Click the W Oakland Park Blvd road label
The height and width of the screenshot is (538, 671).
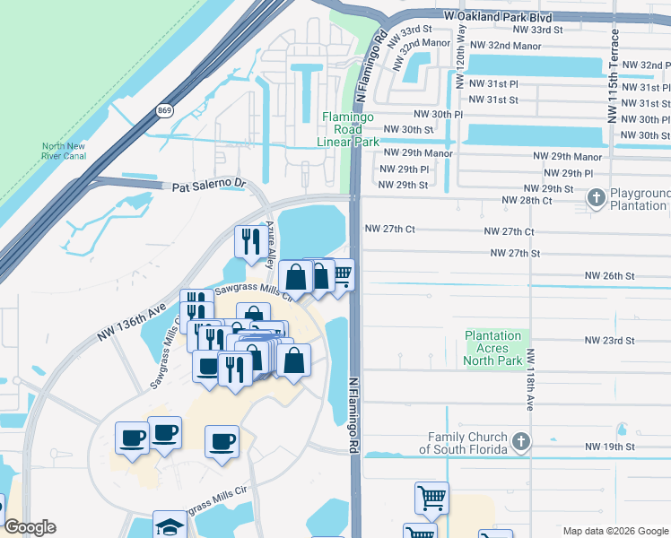click(509, 16)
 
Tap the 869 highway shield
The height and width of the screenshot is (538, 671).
click(164, 110)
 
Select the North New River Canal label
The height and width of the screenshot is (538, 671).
click(64, 152)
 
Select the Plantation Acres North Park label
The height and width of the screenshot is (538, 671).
click(493, 348)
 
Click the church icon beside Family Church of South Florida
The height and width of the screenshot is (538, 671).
click(520, 440)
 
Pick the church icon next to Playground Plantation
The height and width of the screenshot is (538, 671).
click(596, 196)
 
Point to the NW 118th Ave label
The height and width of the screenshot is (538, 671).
click(529, 381)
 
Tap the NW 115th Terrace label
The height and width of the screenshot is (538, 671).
click(614, 76)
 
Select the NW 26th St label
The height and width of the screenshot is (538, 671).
click(609, 275)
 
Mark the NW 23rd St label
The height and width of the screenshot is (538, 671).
click(609, 341)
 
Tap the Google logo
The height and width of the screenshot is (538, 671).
click(30, 526)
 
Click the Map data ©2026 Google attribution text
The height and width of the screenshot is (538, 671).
click(614, 531)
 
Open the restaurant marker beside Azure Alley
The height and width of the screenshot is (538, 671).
click(248, 240)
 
